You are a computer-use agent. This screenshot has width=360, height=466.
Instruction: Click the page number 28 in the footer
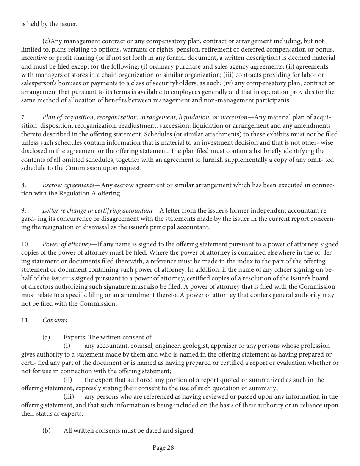pos(163,448)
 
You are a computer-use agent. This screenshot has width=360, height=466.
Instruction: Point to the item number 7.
pos(23,117)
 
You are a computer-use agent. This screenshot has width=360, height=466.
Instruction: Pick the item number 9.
pos(23,210)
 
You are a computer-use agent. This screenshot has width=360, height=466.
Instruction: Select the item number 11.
pos(25,320)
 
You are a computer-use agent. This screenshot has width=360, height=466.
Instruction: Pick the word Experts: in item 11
pos(75,337)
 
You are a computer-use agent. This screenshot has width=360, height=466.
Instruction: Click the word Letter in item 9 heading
pos(51,210)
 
